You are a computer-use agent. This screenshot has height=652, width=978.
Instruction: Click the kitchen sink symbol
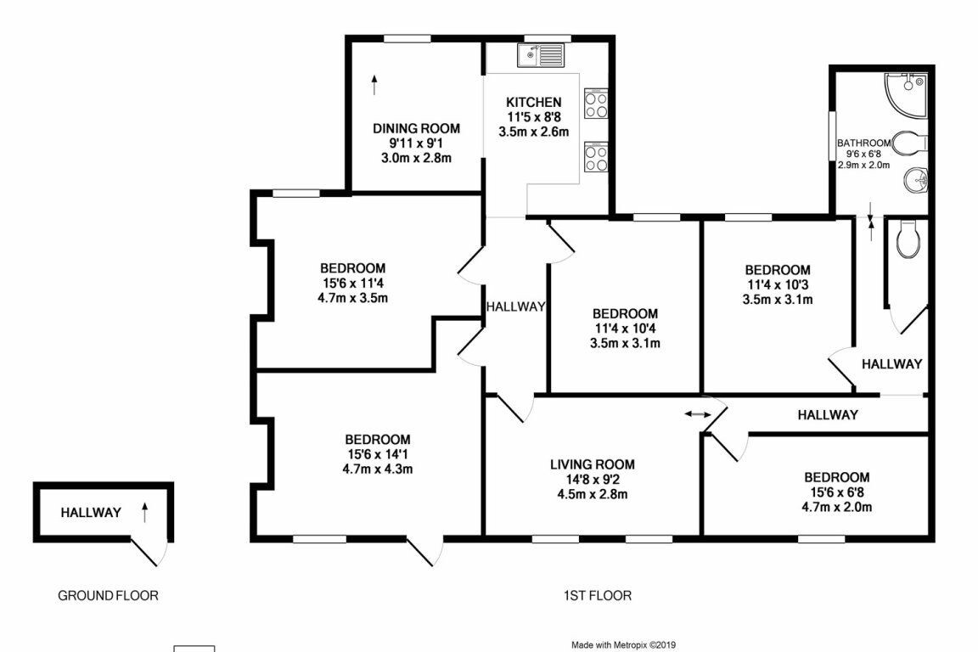coord(540,55)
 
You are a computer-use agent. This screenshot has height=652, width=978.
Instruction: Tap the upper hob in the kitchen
coord(596,104)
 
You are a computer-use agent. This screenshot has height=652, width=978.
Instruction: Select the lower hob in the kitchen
coord(596,158)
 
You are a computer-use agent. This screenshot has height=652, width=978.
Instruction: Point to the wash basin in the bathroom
coord(916,180)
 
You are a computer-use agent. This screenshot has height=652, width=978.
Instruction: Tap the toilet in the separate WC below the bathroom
coord(908,239)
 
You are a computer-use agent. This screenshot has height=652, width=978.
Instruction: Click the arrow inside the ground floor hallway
coord(144,511)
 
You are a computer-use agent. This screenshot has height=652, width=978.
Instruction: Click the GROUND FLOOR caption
coord(108,595)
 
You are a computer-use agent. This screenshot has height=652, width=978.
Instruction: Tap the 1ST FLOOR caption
coord(598,595)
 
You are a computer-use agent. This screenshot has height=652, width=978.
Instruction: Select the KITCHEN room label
coord(533,102)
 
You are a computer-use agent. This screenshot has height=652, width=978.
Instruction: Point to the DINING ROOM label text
coord(416,128)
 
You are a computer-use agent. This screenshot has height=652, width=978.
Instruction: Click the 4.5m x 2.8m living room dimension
coord(592,495)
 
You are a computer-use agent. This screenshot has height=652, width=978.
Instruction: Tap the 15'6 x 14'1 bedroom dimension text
coord(378,453)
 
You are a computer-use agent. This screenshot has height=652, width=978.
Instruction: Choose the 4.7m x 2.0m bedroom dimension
coord(837,508)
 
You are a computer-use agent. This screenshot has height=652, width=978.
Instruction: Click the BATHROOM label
coord(863,143)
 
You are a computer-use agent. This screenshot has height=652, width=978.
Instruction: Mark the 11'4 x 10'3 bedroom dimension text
coord(779,284)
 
